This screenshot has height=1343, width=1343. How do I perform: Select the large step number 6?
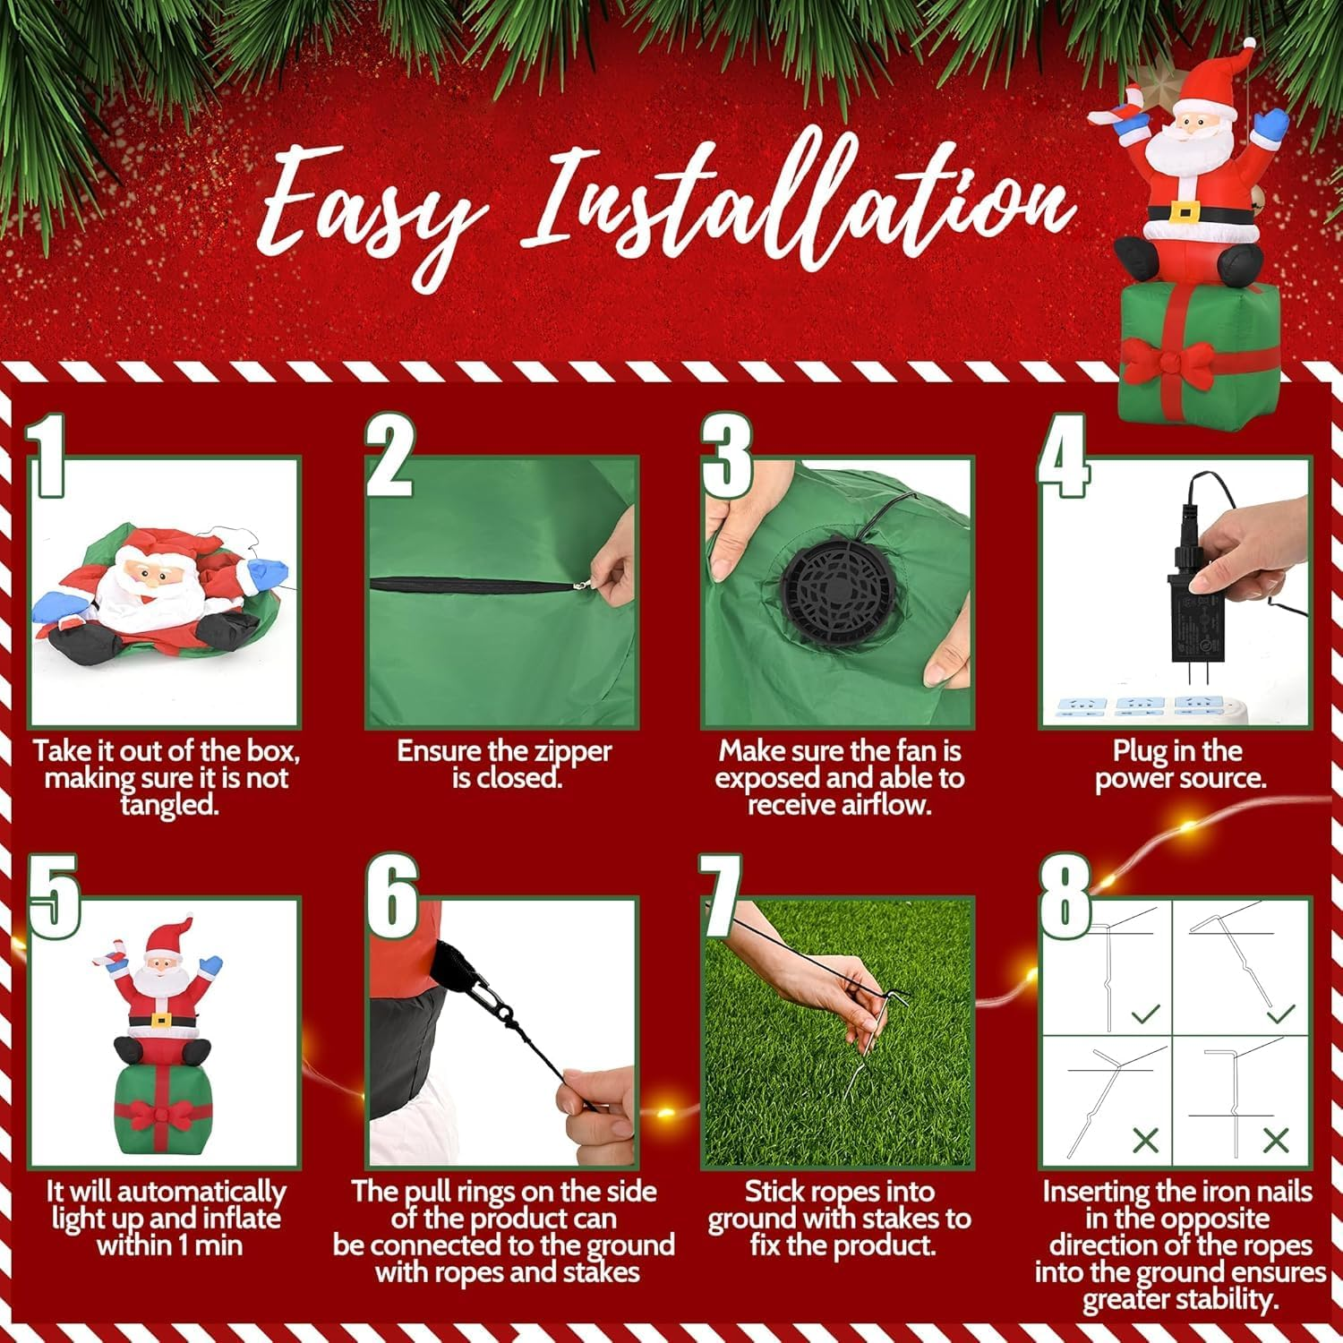pos(392,895)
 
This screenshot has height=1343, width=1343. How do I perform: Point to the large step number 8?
pos(1065,895)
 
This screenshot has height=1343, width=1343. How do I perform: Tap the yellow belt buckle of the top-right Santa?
pos(1184,211)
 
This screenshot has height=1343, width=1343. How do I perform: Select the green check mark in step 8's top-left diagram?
pos(1145,1014)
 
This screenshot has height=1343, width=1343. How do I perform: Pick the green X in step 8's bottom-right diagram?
pos(1276,1140)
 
